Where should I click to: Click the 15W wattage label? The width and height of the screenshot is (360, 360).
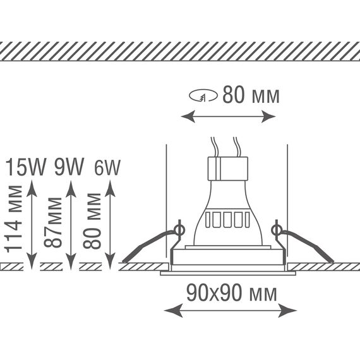pos(26,167)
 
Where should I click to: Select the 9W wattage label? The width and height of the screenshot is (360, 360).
pos(69,167)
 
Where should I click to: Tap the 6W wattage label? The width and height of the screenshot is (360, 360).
pos(107,167)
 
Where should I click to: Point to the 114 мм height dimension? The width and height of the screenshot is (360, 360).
pos(14,219)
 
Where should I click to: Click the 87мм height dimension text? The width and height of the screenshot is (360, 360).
pos(53,222)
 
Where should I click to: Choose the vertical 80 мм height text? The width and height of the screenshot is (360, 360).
pos(92,221)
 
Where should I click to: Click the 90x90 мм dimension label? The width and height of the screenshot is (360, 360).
pos(232,293)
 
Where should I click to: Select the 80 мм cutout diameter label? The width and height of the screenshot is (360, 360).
pos(251,95)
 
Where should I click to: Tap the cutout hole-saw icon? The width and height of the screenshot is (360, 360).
pos(203,95)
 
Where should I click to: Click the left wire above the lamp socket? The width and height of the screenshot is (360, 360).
pos(214,147)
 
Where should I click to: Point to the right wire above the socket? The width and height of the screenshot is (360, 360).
pos(236,147)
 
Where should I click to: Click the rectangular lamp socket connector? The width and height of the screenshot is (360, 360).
pos(228,169)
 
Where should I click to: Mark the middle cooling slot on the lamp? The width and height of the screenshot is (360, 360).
pos(227,220)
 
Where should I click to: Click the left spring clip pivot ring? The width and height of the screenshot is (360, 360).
pos(179,230)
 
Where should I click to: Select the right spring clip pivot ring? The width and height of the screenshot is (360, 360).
pos(277,230)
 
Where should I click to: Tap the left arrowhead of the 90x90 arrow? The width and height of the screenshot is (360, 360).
pos(173,310)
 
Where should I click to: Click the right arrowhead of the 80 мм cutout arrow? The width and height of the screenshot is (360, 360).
pos(268,116)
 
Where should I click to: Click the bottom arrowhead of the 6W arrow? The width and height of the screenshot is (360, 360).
pos(110,261)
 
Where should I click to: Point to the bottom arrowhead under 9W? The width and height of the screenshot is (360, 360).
pos(71,261)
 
